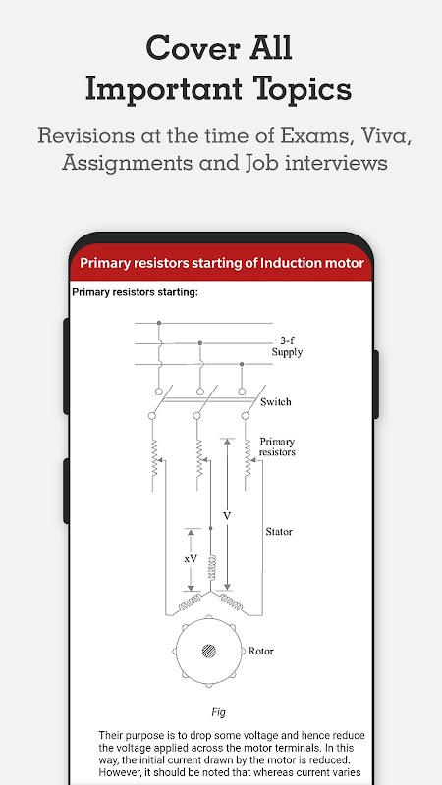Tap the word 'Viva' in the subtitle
(x=386, y=135)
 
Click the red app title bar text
(x=222, y=263)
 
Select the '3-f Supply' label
(x=287, y=346)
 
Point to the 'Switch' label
(x=276, y=402)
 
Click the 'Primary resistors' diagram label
(x=277, y=446)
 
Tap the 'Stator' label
(x=279, y=532)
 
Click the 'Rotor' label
(x=261, y=651)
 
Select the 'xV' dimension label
(x=191, y=558)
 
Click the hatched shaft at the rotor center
(x=209, y=651)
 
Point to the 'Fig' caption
(x=218, y=712)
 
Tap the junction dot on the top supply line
(x=159, y=323)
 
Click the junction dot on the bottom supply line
(x=242, y=364)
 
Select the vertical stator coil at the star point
(x=212, y=568)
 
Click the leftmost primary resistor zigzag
(x=155, y=457)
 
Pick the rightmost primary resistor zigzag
(x=248, y=457)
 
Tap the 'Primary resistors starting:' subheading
(x=135, y=292)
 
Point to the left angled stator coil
(x=190, y=602)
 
